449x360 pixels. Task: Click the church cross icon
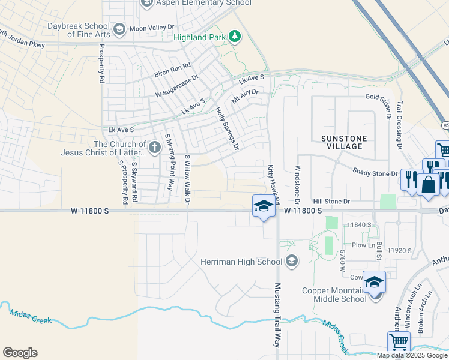(154, 147)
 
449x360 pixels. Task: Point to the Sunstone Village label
(343, 142)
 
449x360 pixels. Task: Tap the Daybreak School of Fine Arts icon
(119, 29)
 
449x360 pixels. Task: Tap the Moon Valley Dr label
(152, 28)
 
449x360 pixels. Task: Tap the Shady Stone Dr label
(375, 173)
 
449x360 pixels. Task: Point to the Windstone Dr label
(297, 184)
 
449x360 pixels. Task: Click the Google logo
(20, 353)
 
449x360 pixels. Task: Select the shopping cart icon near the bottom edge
(399, 342)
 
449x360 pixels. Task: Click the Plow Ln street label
(364, 245)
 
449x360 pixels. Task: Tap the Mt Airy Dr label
(245, 94)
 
